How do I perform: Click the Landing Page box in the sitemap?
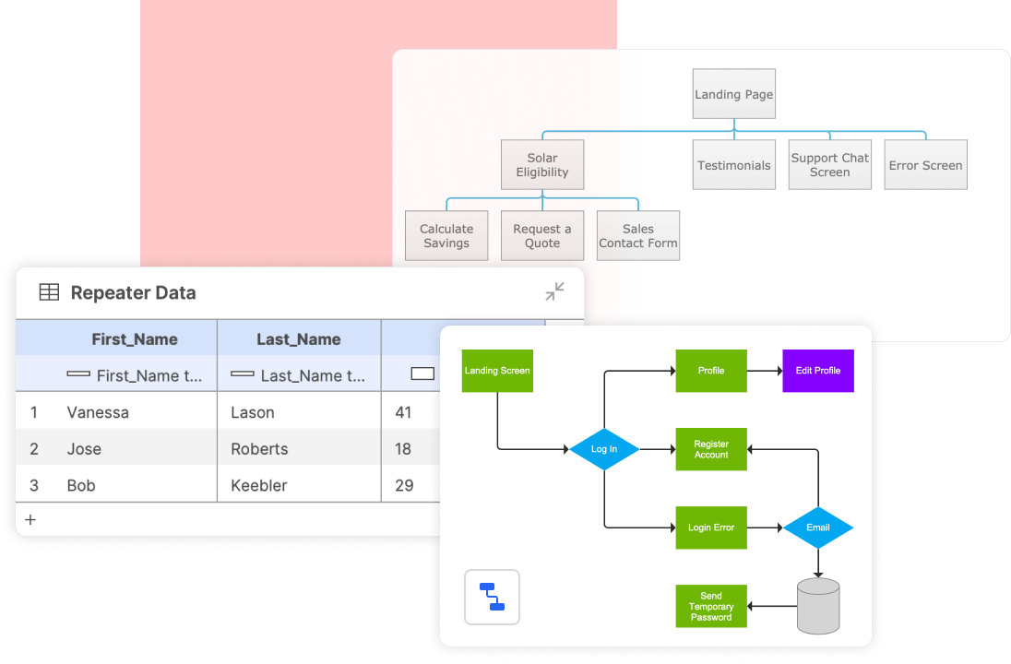pyautogui.click(x=733, y=94)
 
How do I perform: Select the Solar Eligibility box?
pyautogui.click(x=542, y=165)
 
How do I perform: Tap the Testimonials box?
pyautogui.click(x=733, y=165)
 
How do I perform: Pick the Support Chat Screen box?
pyautogui.click(x=830, y=165)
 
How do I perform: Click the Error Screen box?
pyautogui.click(x=926, y=165)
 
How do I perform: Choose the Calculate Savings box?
pyautogui.click(x=446, y=236)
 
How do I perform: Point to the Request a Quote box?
pyautogui.click(x=542, y=236)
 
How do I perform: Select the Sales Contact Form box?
pyautogui.click(x=638, y=236)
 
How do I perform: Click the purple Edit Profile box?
pyautogui.click(x=818, y=371)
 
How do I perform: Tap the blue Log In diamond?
pyautogui.click(x=604, y=449)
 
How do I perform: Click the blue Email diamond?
pyautogui.click(x=818, y=528)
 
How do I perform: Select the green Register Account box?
pyautogui.click(x=711, y=449)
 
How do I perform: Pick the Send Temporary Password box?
pyautogui.click(x=711, y=606)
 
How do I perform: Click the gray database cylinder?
pyautogui.click(x=818, y=606)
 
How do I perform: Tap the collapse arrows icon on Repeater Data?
pyautogui.click(x=554, y=291)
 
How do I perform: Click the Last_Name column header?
pyautogui.click(x=299, y=339)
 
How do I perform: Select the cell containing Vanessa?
pyautogui.click(x=98, y=412)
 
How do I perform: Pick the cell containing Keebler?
pyautogui.click(x=258, y=485)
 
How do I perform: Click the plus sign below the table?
pyautogui.click(x=30, y=519)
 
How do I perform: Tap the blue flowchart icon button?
pyautogui.click(x=492, y=597)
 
